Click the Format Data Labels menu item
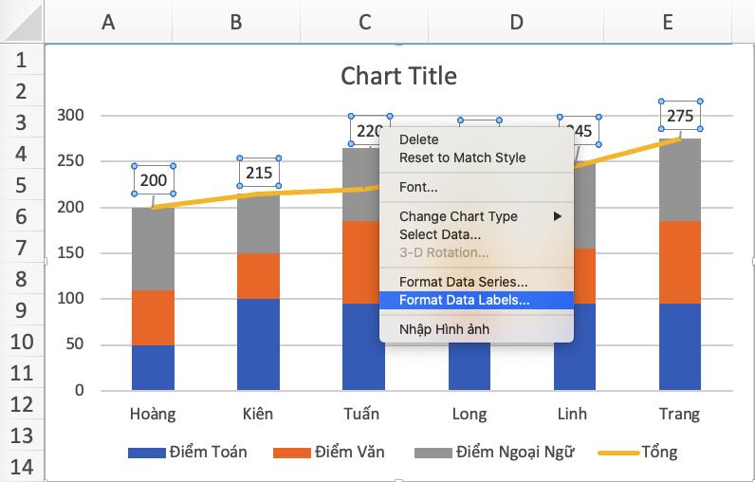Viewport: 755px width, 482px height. (x=464, y=300)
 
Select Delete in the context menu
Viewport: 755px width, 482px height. (x=419, y=139)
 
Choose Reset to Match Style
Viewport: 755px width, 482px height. (x=462, y=158)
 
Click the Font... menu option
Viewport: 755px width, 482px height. (x=418, y=187)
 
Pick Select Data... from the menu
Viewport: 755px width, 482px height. (x=439, y=233)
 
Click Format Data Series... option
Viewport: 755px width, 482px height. (x=463, y=282)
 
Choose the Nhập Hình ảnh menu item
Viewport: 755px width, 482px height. (x=444, y=329)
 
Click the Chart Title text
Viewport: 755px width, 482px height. (x=398, y=76)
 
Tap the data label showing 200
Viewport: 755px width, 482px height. (x=154, y=180)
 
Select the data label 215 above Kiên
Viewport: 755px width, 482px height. (x=259, y=173)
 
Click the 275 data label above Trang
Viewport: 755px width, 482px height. (x=680, y=116)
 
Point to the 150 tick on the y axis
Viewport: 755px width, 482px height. (x=71, y=253)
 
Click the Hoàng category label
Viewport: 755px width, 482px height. (x=152, y=414)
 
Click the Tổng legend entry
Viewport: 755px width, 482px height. (x=659, y=452)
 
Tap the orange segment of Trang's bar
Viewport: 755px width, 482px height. (x=679, y=262)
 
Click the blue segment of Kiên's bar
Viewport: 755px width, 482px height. (x=258, y=343)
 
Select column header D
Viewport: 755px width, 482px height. (x=516, y=21)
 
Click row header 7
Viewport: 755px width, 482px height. (x=21, y=249)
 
